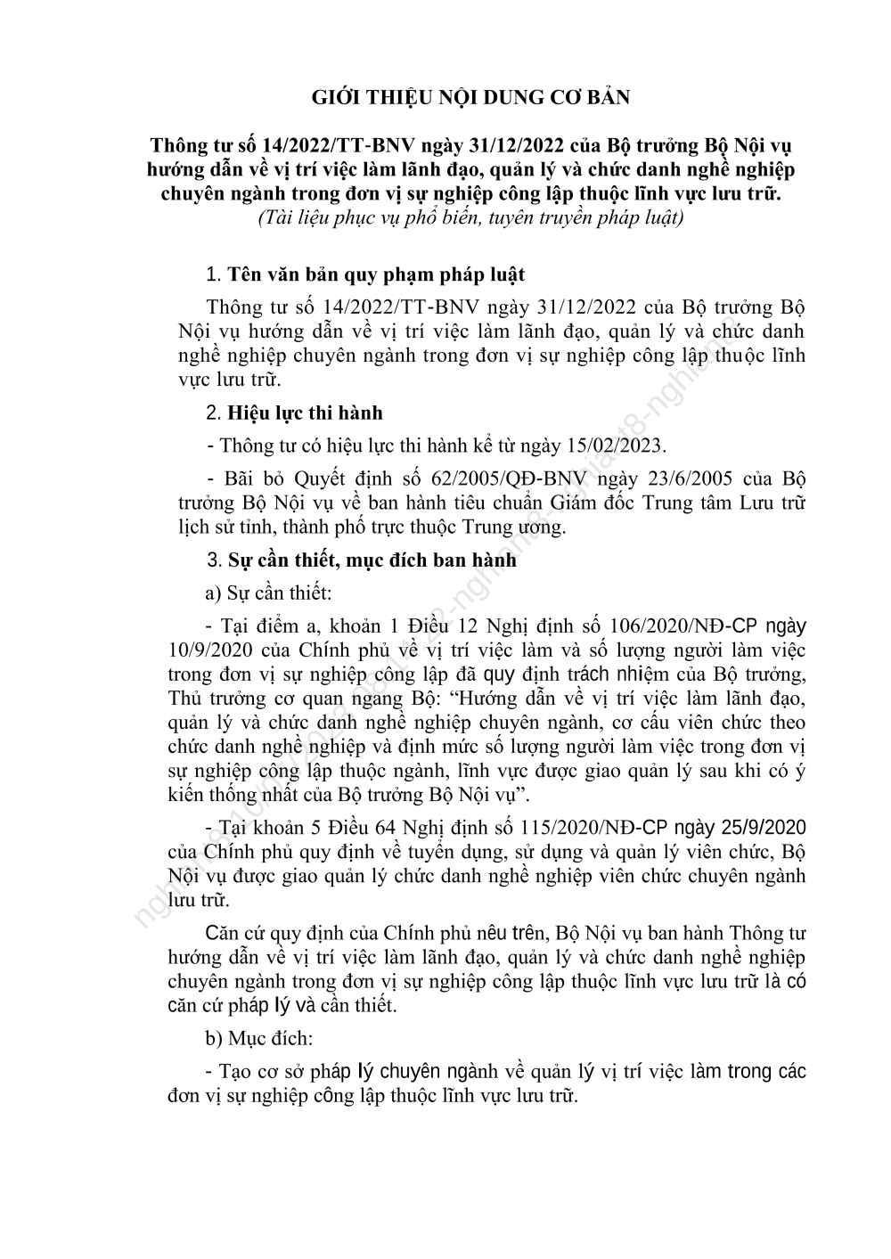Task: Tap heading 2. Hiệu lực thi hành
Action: pos(294,413)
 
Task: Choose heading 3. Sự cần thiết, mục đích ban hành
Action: pos(362,560)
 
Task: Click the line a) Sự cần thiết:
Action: pos(256,593)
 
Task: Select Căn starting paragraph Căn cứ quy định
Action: pos(224,934)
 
